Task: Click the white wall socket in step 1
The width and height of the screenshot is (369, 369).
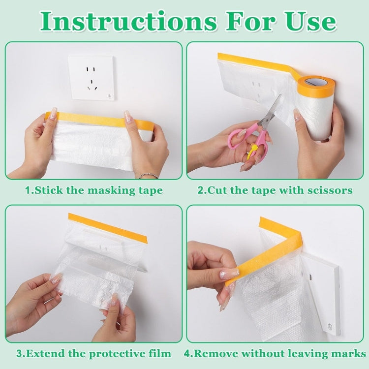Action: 92,78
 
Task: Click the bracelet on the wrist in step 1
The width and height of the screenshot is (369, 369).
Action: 148,175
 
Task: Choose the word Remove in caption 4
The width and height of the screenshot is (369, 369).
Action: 217,353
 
